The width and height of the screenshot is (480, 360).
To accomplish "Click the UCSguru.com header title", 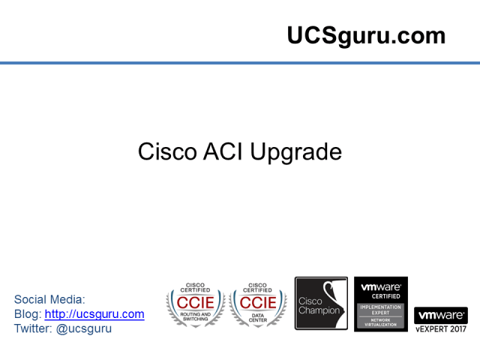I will pos(366,35).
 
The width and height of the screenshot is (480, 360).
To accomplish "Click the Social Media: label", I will pos(49,299).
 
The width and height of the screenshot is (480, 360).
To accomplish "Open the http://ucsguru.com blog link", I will pos(94,314).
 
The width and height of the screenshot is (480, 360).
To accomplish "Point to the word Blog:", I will pos(28,314).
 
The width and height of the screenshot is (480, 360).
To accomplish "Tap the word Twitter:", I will pos(34,328).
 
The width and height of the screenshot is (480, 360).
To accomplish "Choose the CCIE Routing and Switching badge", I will pos(195,304).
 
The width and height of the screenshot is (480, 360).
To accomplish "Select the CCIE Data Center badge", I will pos(258,304).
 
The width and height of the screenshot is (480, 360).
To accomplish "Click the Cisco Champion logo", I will pos(321,304).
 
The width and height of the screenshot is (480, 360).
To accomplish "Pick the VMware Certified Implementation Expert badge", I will pos(381,304).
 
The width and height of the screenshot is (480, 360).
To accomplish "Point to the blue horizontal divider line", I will pos(240,63).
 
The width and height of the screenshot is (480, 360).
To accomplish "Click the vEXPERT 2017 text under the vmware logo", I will pos(441,328).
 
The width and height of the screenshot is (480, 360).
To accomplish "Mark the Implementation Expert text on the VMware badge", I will pos(381,308).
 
